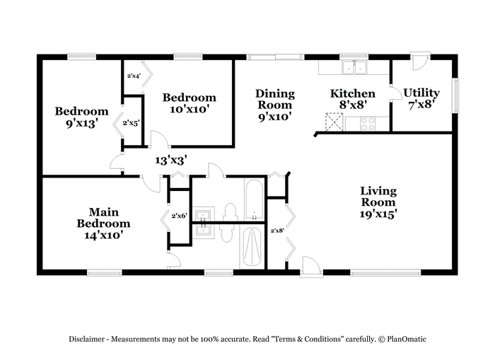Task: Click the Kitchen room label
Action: (x=353, y=93)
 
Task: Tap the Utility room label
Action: (x=421, y=93)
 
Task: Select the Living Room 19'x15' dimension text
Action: (x=378, y=214)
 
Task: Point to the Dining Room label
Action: (x=275, y=99)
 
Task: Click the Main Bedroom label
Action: (x=103, y=218)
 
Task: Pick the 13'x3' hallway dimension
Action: (x=172, y=161)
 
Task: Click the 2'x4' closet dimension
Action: (x=134, y=76)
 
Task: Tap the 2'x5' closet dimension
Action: (x=131, y=123)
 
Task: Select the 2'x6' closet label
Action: (x=180, y=216)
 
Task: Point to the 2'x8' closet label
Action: (x=277, y=231)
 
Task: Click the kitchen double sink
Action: (x=354, y=67)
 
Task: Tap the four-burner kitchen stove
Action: (x=368, y=124)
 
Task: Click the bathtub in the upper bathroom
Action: (x=254, y=200)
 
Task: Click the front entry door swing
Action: (x=311, y=267)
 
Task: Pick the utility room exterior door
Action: (x=420, y=61)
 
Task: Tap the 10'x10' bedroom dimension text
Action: (x=190, y=109)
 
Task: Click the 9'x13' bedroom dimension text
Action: (x=81, y=123)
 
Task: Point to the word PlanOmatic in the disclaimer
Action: (x=407, y=339)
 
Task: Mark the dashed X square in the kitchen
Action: (x=334, y=122)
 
